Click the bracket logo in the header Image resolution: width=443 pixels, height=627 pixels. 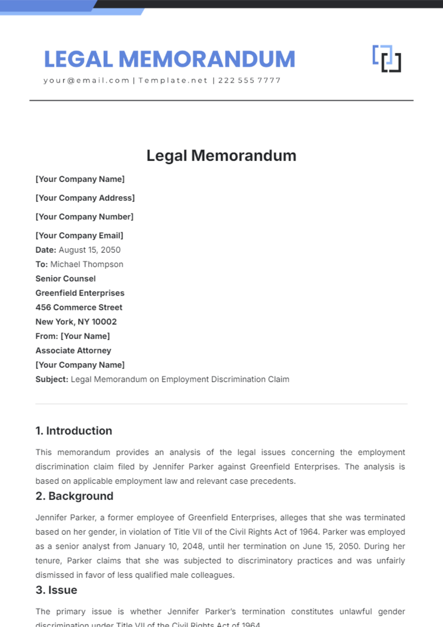pyautogui.click(x=387, y=59)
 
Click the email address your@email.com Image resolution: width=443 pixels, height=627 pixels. pyautogui.click(x=86, y=80)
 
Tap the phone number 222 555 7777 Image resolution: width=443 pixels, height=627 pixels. pyautogui.click(x=249, y=80)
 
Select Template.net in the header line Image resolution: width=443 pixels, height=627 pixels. pyautogui.click(x=173, y=80)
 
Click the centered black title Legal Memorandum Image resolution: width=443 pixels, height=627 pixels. pyautogui.click(x=221, y=156)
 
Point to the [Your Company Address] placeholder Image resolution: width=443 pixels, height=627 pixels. pyautogui.click(x=85, y=198)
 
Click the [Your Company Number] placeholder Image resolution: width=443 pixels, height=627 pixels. pyautogui.click(x=84, y=217)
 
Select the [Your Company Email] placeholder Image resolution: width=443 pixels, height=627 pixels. pyautogui.click(x=79, y=236)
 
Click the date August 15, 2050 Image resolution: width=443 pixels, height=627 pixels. pyautogui.click(x=90, y=250)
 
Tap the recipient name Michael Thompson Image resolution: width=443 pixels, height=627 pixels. pyautogui.click(x=87, y=264)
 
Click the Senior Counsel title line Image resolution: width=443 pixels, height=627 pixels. pyautogui.click(x=65, y=279)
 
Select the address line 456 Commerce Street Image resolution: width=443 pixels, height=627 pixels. pyautogui.click(x=79, y=307)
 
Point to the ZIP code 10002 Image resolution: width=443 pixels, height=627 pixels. pyautogui.click(x=104, y=322)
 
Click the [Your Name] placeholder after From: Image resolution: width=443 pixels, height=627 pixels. pyautogui.click(x=85, y=336)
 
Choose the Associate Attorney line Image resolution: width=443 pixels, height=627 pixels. pyautogui.click(x=73, y=351)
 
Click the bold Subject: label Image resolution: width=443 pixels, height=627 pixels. pyautogui.click(x=52, y=379)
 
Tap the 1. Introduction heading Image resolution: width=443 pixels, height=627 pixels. pyautogui.click(x=73, y=431)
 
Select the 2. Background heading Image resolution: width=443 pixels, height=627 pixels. pyautogui.click(x=74, y=496)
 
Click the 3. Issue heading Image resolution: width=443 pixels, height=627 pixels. pyautogui.click(x=56, y=590)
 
